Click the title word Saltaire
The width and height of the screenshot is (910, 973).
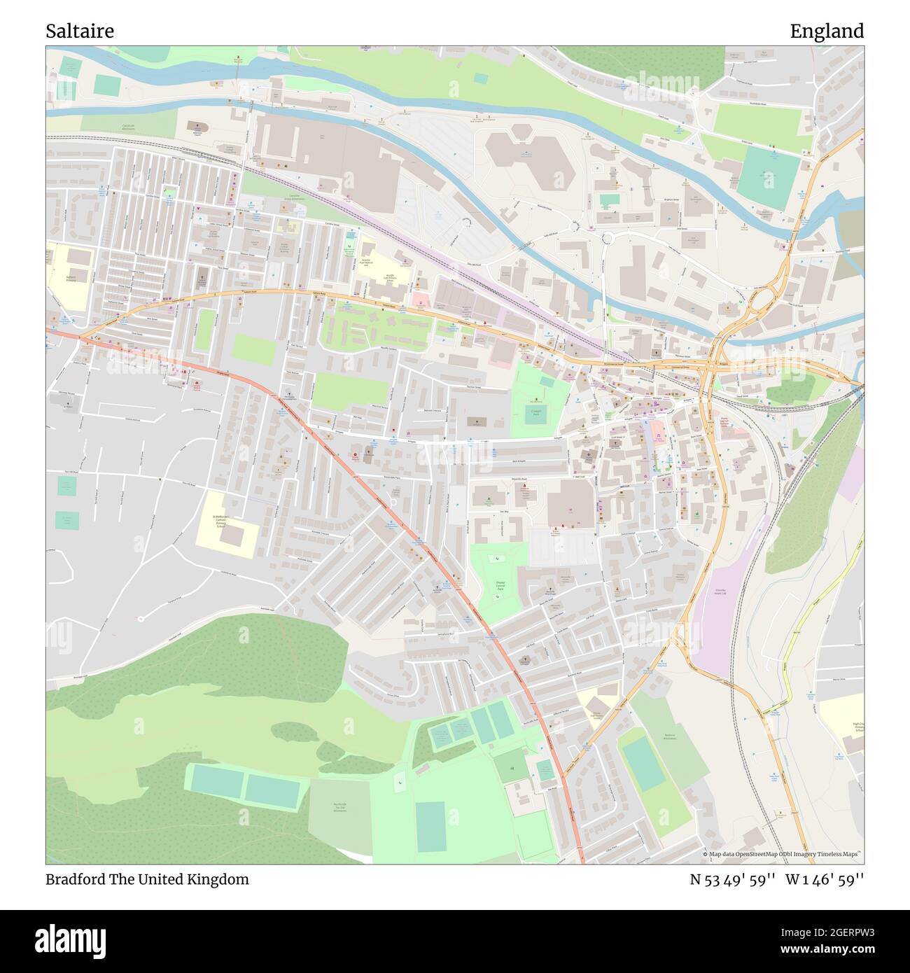[80, 31]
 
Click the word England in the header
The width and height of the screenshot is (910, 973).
[827, 31]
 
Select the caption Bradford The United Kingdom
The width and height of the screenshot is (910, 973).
[147, 879]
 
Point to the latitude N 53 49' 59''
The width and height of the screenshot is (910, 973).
[732, 879]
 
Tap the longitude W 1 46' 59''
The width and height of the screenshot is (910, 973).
[825, 879]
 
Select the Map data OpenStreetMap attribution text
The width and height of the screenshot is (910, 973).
[783, 855]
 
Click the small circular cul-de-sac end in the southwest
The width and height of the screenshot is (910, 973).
[141, 619]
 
